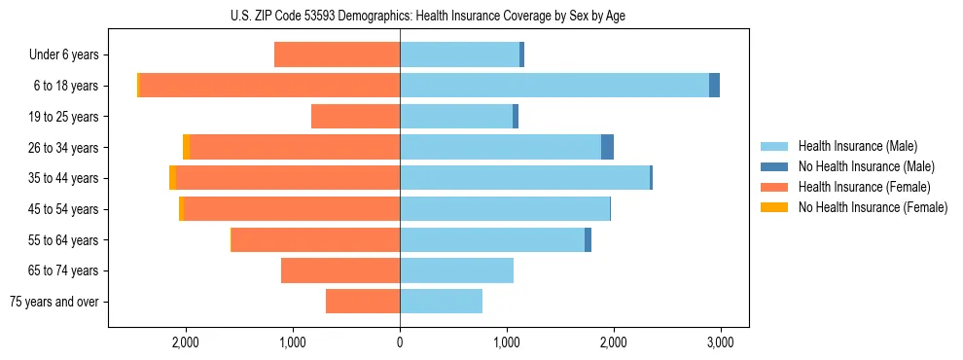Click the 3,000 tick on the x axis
click(x=720, y=342)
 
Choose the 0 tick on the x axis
click(x=400, y=342)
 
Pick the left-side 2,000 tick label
click(x=186, y=342)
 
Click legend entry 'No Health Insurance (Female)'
click(x=873, y=207)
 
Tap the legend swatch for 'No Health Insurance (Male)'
click(x=774, y=166)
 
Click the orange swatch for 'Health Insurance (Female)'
click(x=774, y=187)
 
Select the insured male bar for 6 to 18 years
click(x=554, y=86)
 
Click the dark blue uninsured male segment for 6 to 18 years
click(x=714, y=86)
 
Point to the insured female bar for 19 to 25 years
click(x=355, y=117)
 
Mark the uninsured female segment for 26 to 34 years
click(x=187, y=147)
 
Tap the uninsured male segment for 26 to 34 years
click(x=607, y=147)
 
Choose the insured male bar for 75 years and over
click(x=441, y=302)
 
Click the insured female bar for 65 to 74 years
click(x=340, y=270)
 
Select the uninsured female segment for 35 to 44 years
click(x=173, y=178)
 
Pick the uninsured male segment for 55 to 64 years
click(x=588, y=239)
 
